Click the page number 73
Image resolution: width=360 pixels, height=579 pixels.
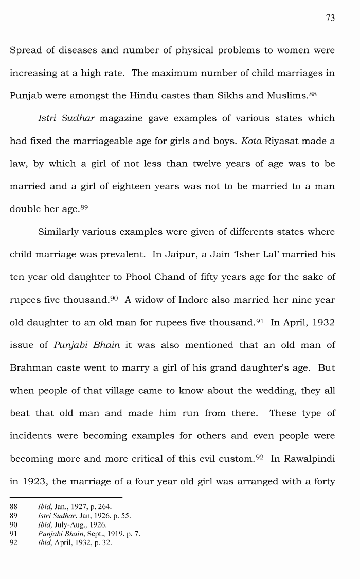pos(330,18)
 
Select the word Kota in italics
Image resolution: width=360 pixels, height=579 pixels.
pos(251,141)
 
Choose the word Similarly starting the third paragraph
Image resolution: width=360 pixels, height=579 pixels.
pos(61,232)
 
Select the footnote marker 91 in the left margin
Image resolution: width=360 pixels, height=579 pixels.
pos(14,534)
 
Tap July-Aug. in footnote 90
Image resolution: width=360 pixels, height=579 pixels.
pos(70,525)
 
